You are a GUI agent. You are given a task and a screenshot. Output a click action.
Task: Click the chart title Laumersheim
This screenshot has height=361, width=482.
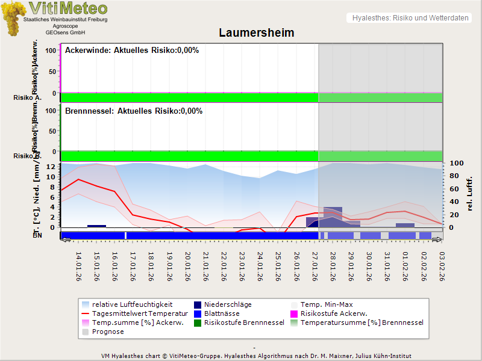coord(256,32)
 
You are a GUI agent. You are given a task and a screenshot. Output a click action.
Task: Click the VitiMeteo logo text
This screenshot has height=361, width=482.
coord(67,8)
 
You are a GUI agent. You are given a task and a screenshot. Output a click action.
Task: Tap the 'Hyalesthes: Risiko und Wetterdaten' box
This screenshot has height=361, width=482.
coord(410,18)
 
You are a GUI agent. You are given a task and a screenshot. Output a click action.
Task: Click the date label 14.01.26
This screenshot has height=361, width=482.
coord(78,266)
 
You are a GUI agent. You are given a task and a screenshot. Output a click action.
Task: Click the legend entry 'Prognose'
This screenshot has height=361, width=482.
coord(108,332)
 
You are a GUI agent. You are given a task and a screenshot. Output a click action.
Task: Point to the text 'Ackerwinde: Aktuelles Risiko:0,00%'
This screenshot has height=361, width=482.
coord(132,51)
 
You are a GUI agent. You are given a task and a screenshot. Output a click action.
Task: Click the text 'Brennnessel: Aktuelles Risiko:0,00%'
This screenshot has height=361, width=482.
coord(134,111)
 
